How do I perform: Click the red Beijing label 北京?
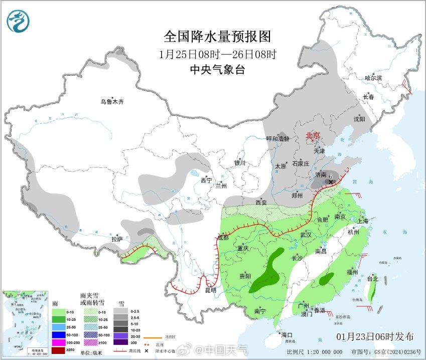tap(313, 136)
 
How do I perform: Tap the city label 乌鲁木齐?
tap(111, 102)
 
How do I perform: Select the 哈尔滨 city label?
tap(373, 78)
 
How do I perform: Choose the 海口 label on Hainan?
tap(287, 334)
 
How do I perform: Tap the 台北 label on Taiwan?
tap(372, 278)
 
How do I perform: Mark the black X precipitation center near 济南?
tap(331, 183)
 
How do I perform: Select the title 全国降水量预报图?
tap(217, 37)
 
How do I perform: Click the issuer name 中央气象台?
tap(217, 70)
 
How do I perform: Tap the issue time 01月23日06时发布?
tap(375, 335)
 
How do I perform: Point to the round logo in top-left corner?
tap(18, 21)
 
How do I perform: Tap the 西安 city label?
tap(261, 202)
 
